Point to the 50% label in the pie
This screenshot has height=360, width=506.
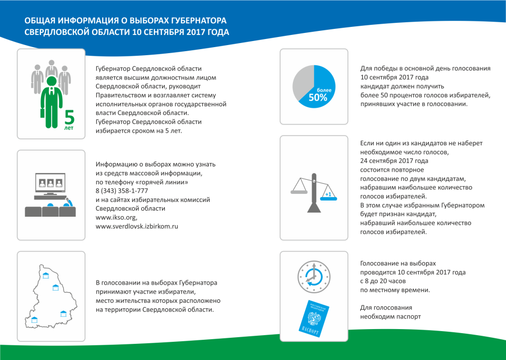click(318, 98)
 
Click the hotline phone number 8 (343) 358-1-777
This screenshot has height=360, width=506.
click(121, 190)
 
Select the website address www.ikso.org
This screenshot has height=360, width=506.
click(116, 217)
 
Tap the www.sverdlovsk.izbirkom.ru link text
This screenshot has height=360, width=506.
click(137, 226)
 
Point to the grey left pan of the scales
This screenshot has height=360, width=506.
click(299, 190)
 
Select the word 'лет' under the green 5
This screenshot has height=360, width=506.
click(68, 128)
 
